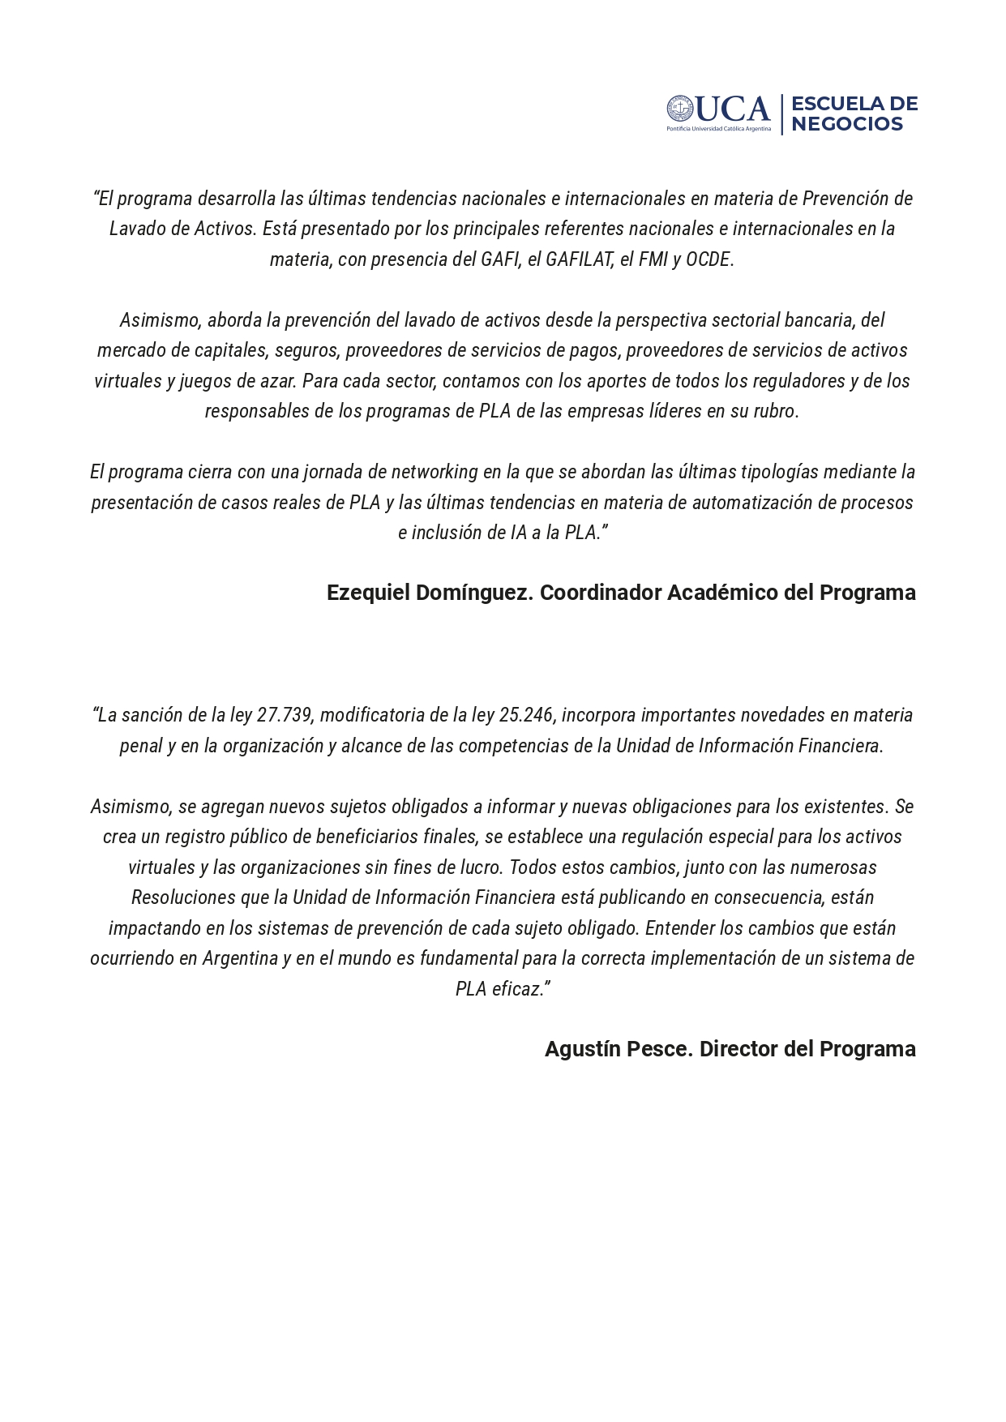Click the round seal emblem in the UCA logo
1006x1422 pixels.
click(x=679, y=109)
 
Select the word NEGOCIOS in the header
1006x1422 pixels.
click(x=846, y=124)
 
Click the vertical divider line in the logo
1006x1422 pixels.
click(x=781, y=114)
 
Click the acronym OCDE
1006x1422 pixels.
click(x=708, y=259)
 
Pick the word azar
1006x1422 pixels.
click(x=280, y=381)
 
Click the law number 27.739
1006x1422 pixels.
click(x=285, y=715)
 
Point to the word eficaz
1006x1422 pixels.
click(x=519, y=989)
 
